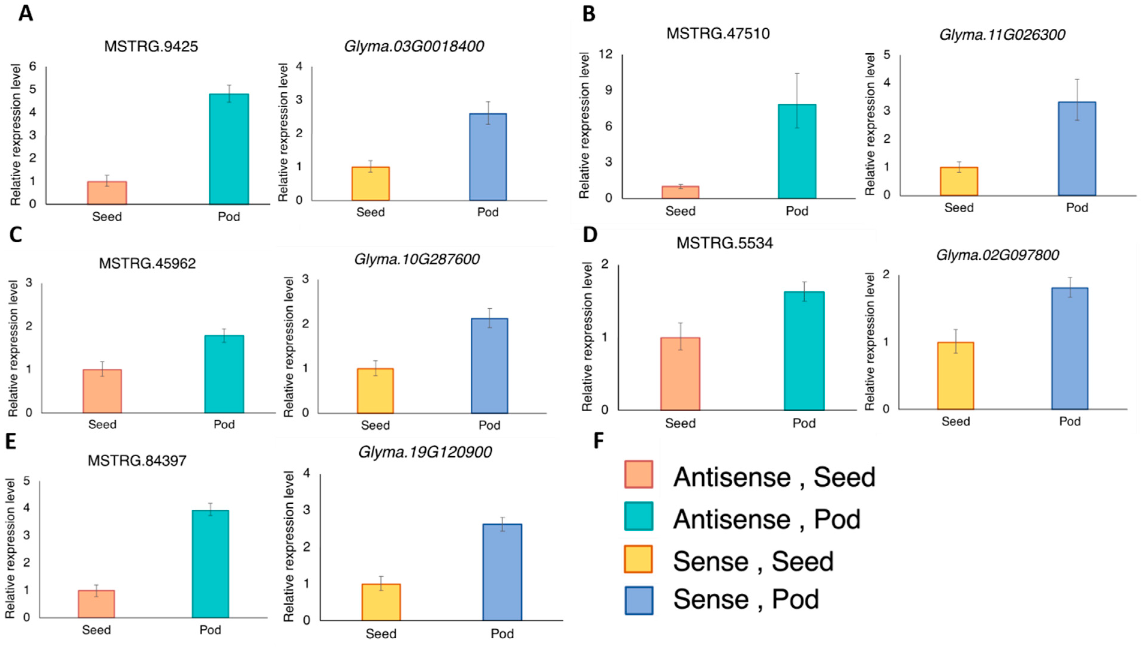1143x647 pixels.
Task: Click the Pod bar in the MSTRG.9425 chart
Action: click(229, 149)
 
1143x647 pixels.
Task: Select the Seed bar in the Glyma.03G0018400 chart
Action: click(371, 183)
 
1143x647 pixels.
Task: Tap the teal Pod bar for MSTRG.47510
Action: click(797, 151)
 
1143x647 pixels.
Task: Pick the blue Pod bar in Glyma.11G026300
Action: click(1077, 149)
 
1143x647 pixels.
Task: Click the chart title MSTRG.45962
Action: click(147, 264)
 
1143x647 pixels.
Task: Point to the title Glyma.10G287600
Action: click(417, 259)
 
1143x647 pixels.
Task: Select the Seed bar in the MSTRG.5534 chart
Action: click(680, 374)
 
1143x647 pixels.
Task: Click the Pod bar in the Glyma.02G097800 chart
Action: click(1070, 349)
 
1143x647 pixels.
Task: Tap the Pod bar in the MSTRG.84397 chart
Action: click(210, 564)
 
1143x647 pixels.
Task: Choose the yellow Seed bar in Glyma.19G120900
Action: click(381, 602)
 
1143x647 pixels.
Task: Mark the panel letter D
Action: click(590, 234)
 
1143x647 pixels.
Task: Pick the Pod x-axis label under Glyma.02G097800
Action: click(1070, 421)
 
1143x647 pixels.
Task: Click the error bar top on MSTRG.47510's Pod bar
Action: click(797, 74)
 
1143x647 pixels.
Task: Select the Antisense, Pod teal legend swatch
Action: click(638, 516)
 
